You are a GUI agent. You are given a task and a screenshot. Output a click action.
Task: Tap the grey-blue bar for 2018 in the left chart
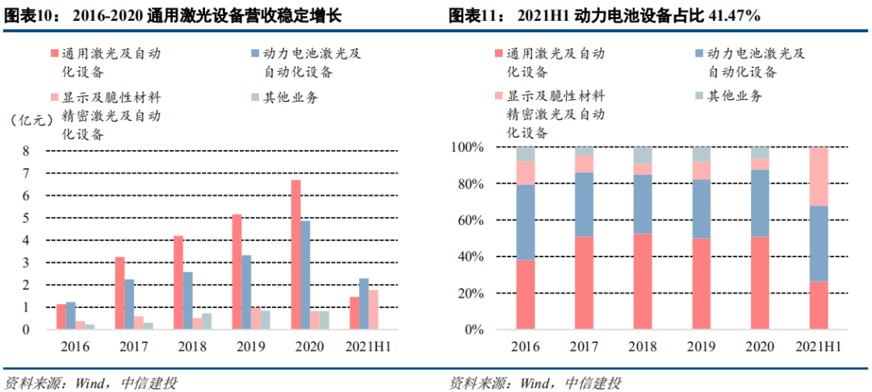(x=207, y=321)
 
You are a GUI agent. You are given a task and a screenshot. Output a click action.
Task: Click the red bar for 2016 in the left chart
(x=61, y=317)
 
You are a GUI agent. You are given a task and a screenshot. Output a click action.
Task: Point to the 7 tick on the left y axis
(x=25, y=173)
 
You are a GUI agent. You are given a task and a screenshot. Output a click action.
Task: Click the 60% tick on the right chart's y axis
(x=469, y=220)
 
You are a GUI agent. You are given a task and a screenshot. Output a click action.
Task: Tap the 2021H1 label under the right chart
(x=818, y=348)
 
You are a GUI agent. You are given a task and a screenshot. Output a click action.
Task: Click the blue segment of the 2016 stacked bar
(x=526, y=222)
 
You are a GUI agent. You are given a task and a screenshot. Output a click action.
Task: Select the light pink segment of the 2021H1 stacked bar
(x=819, y=177)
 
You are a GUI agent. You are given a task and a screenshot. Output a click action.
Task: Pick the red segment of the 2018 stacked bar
(x=643, y=281)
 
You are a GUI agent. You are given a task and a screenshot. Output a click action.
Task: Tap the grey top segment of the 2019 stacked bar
(x=702, y=154)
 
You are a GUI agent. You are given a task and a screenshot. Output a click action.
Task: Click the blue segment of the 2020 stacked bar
(x=760, y=202)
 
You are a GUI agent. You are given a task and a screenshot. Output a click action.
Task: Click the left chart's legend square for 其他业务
(x=255, y=98)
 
